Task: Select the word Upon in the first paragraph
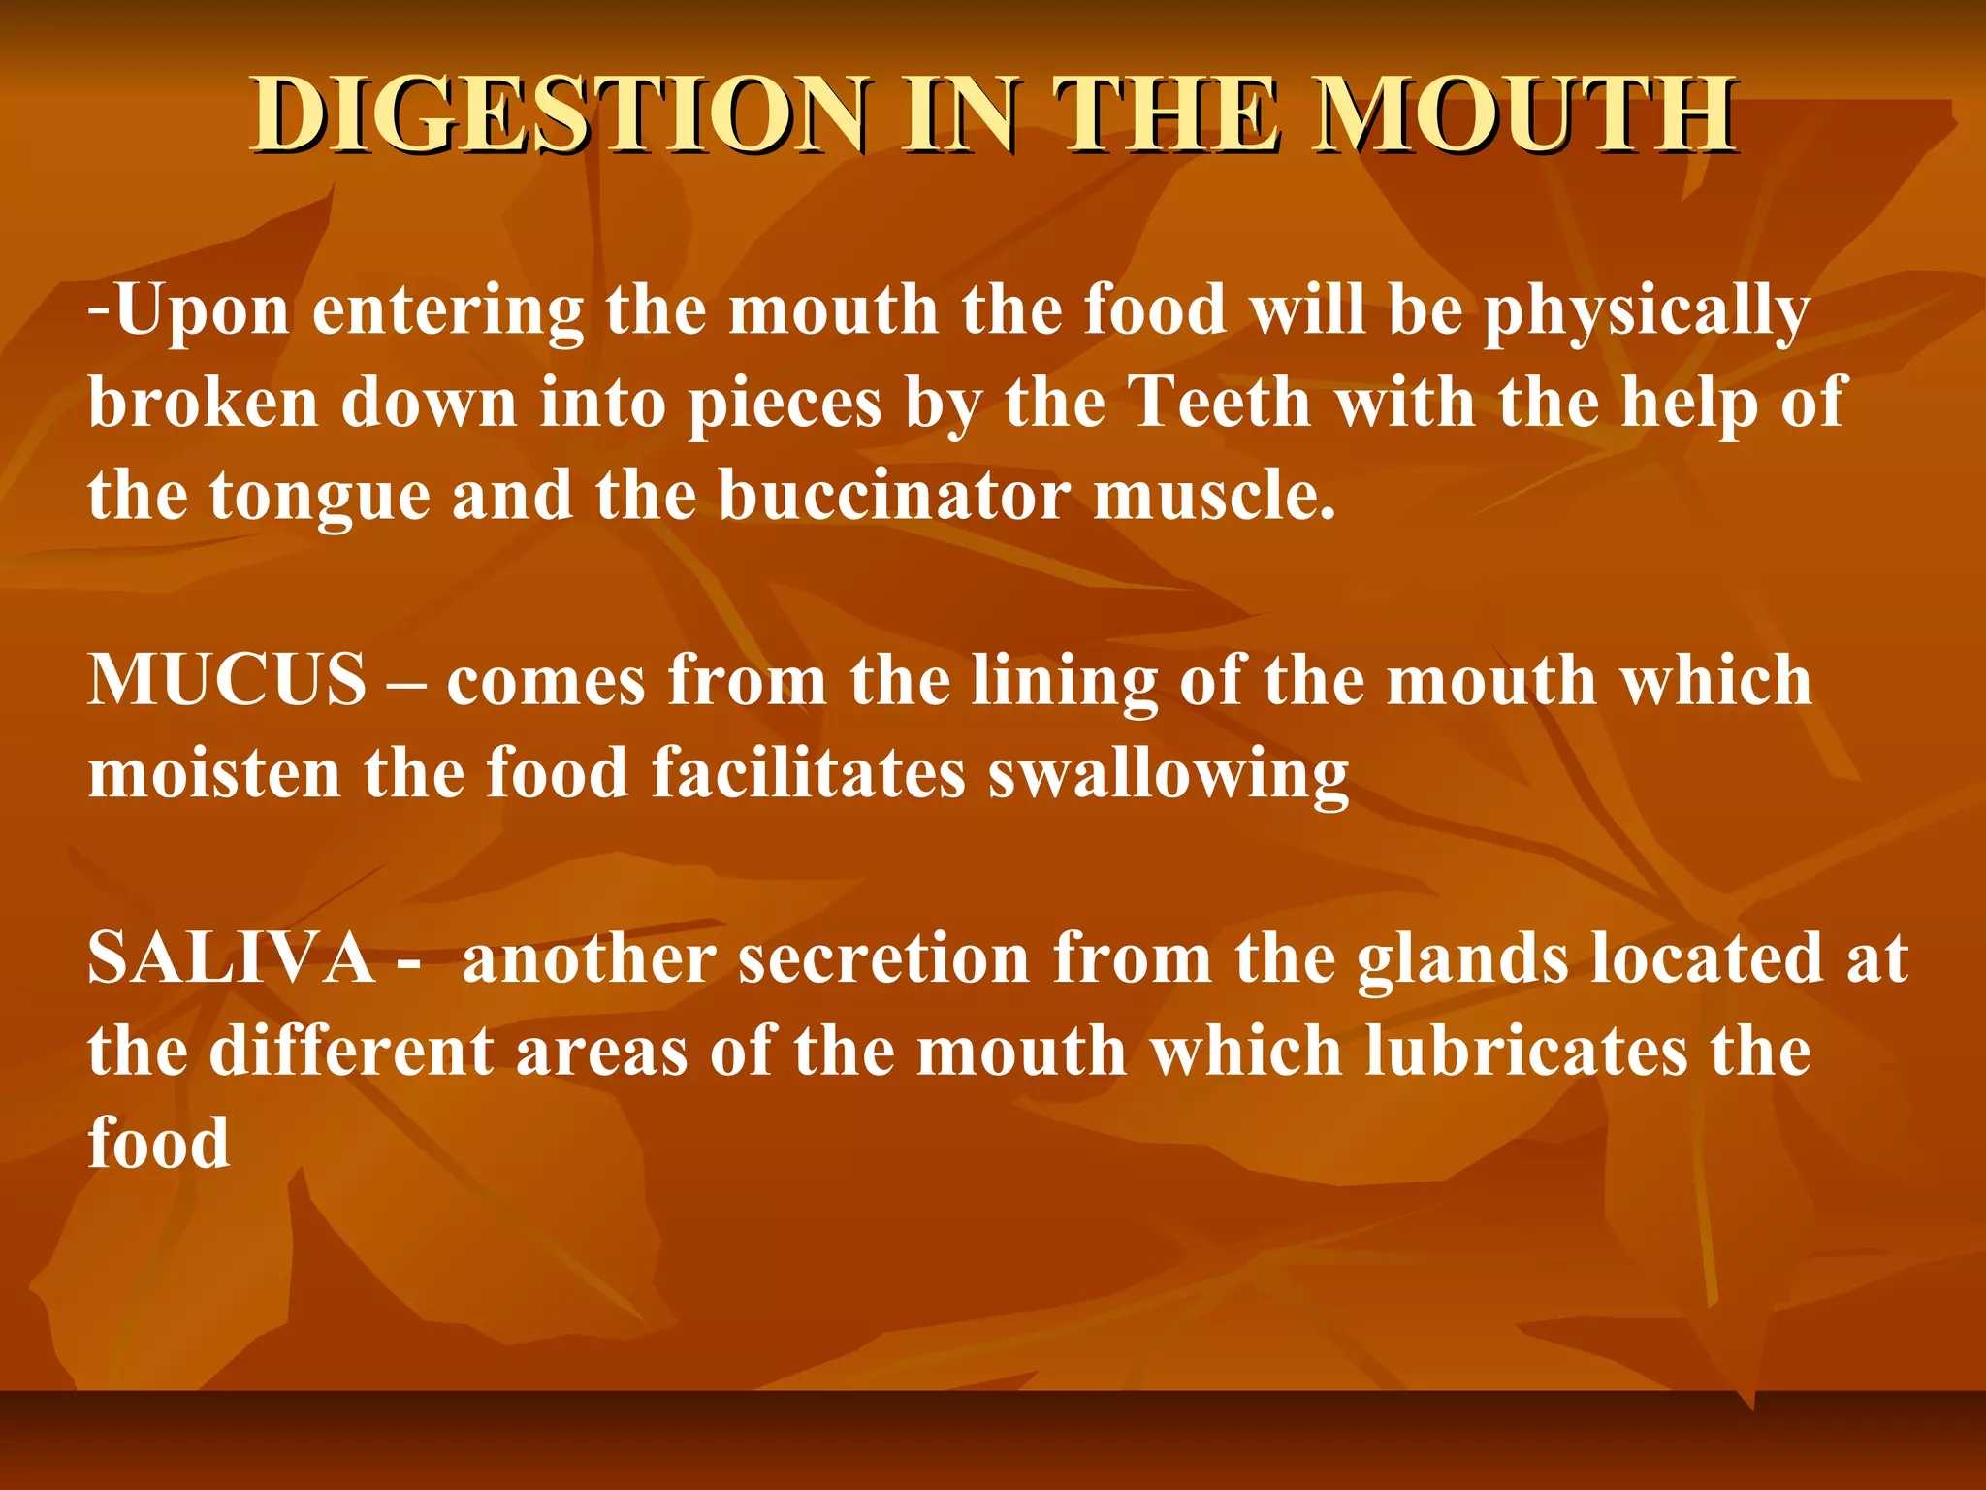click(x=203, y=312)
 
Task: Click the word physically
click(x=1647, y=312)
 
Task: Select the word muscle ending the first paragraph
click(x=1214, y=496)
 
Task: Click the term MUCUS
click(x=227, y=680)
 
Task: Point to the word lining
click(x=1065, y=682)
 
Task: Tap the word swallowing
click(x=1169, y=775)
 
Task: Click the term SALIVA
click(x=231, y=958)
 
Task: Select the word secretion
click(x=883, y=958)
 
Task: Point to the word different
click(x=351, y=1052)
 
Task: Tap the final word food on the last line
click(x=159, y=1143)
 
